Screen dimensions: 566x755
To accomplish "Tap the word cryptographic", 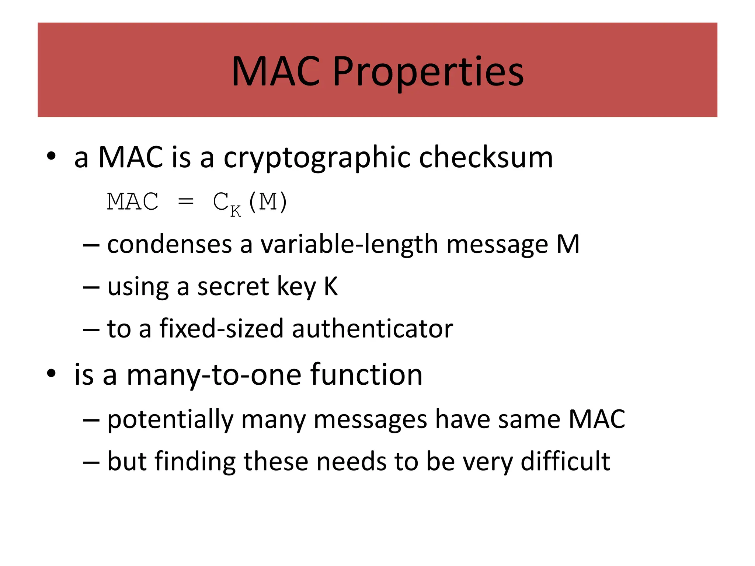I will (x=317, y=158).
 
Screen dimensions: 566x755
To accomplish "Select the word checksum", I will (x=486, y=157).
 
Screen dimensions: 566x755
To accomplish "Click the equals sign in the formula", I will (x=185, y=202).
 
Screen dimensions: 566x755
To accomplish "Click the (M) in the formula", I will (x=268, y=202).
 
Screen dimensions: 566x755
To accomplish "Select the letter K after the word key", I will (x=331, y=286).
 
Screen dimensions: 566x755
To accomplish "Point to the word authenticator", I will (x=372, y=328).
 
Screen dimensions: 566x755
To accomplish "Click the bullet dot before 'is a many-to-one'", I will (x=51, y=374).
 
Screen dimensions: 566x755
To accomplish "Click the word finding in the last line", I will (x=195, y=462).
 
